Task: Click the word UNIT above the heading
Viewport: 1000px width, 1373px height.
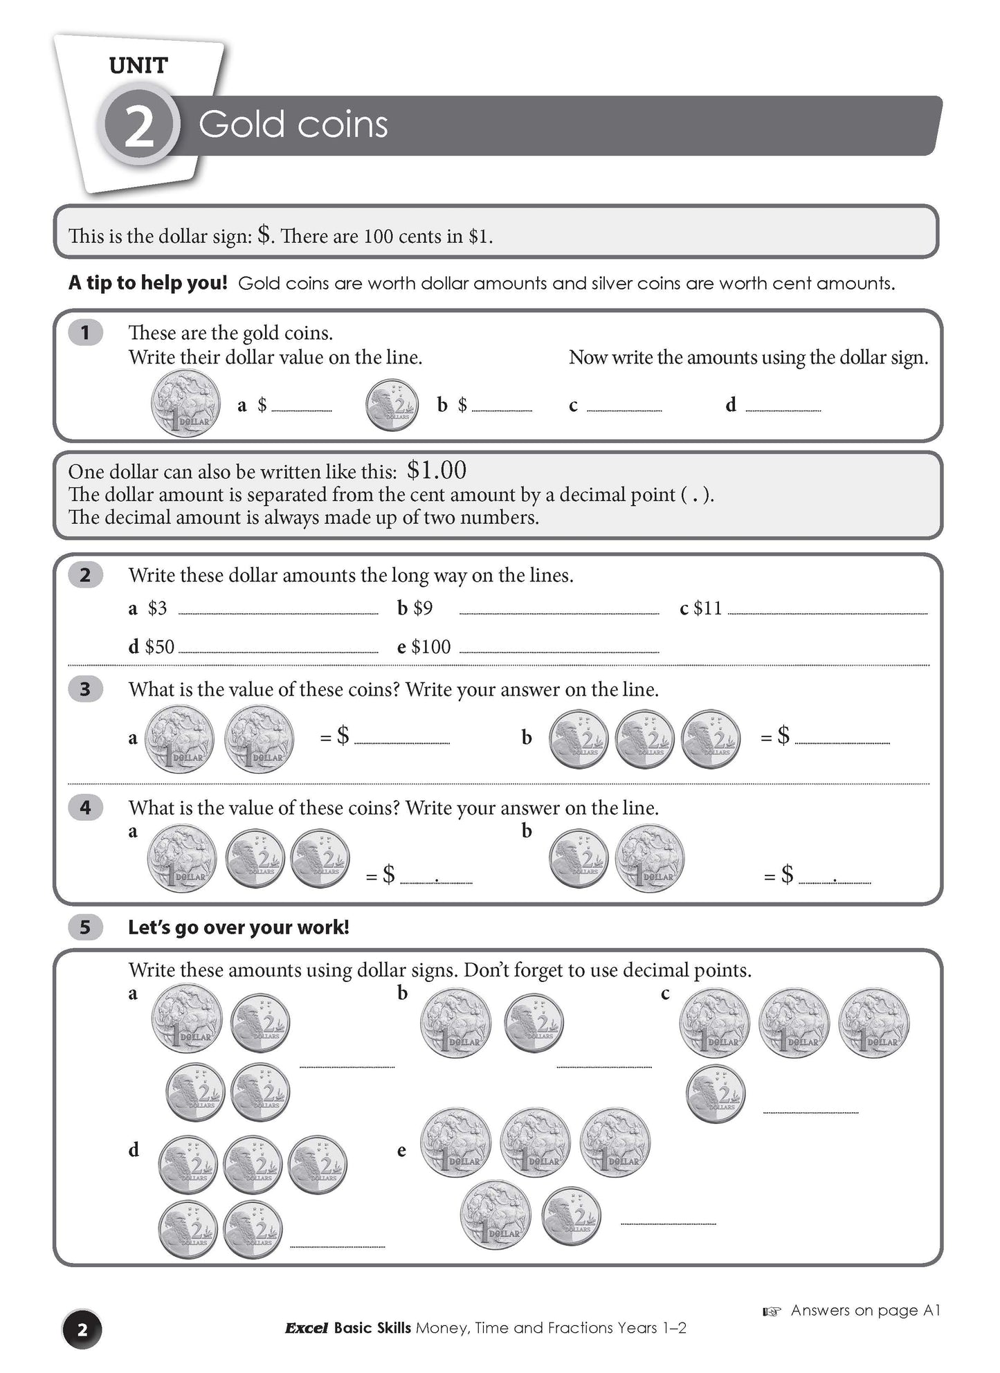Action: coord(138,66)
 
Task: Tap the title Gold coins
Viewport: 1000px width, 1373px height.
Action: coord(293,125)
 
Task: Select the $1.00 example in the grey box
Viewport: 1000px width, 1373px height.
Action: coord(436,471)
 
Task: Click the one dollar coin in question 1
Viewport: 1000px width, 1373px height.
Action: coord(185,404)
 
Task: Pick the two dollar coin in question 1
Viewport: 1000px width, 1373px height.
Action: coord(392,404)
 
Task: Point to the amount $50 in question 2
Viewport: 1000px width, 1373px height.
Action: coord(159,647)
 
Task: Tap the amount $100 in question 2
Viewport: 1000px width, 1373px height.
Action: coord(430,647)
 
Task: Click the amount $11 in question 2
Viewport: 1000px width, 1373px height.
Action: coord(707,608)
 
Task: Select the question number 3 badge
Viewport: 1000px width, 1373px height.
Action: coord(85,689)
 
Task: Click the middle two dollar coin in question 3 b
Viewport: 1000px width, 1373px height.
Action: coord(644,739)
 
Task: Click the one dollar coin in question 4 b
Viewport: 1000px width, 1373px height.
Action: coord(649,859)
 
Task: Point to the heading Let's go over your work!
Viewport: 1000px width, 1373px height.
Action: coord(238,927)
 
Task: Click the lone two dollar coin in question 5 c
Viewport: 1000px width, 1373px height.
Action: coord(716,1094)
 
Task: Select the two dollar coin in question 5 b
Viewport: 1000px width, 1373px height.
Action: coord(534,1024)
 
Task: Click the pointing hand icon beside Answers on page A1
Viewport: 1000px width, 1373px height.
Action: coord(772,1311)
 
